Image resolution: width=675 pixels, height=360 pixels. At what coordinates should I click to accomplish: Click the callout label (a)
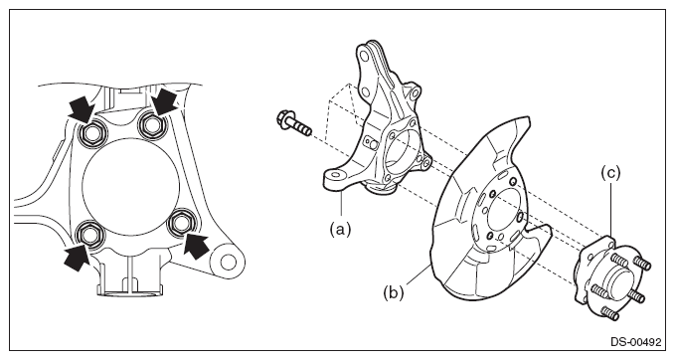pyautogui.click(x=340, y=230)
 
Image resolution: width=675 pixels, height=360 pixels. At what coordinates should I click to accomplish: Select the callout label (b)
pyautogui.click(x=394, y=292)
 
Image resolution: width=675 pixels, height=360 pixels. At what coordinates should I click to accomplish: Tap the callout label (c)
pyautogui.click(x=610, y=173)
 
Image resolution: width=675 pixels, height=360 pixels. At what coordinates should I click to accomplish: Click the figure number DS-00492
pyautogui.click(x=635, y=342)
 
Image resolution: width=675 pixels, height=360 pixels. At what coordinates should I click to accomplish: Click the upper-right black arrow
pyautogui.click(x=164, y=101)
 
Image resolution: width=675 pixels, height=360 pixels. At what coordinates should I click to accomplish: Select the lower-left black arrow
pyautogui.click(x=78, y=258)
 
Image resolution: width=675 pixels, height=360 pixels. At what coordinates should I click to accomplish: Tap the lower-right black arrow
pyautogui.click(x=195, y=246)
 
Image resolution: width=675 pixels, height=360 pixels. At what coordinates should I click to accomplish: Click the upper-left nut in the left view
pyautogui.click(x=91, y=134)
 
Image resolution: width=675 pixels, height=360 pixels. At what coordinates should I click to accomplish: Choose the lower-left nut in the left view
pyautogui.click(x=89, y=235)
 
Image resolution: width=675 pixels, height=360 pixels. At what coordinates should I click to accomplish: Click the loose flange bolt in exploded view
pyautogui.click(x=294, y=123)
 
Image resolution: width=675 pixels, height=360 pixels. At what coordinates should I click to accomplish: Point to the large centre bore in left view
pyautogui.click(x=130, y=187)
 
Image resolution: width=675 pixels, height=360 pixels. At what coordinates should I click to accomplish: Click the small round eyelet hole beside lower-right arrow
pyautogui.click(x=229, y=261)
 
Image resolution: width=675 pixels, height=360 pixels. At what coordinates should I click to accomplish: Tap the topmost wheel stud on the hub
pyautogui.click(x=620, y=262)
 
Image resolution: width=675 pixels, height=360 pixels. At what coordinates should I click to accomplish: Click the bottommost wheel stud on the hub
pyautogui.click(x=610, y=313)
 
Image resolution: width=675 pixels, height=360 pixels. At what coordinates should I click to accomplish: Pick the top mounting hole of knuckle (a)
pyautogui.click(x=364, y=57)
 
